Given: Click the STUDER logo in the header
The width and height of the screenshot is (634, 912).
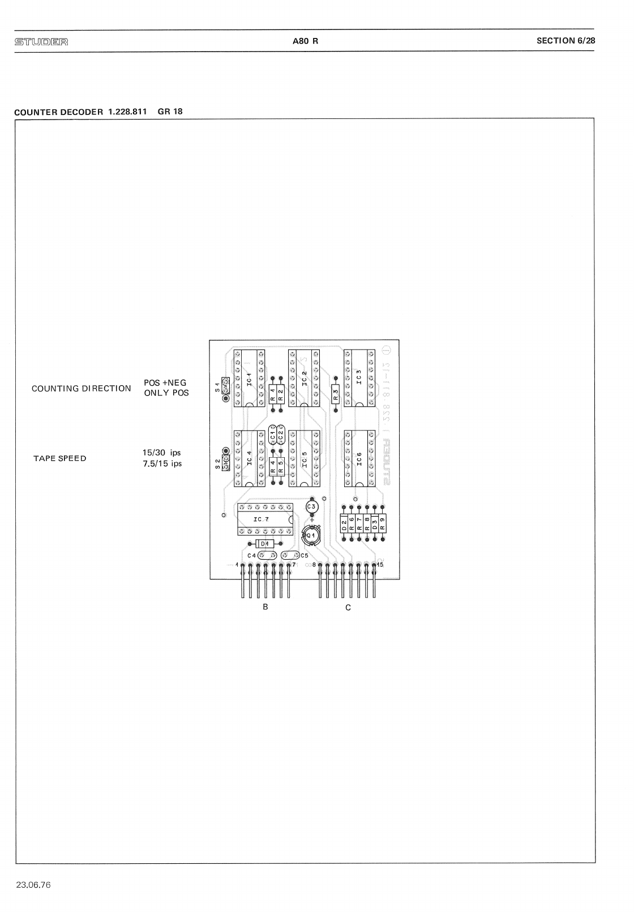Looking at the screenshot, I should (41, 41).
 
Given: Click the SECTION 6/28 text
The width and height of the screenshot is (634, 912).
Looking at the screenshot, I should (566, 40).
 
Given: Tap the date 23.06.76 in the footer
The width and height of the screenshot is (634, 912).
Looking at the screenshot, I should (33, 885).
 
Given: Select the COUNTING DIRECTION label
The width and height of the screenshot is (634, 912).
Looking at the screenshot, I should (81, 389).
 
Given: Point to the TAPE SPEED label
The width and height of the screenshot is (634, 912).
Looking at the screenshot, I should (59, 458).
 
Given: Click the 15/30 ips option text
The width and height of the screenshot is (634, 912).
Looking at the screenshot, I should (162, 453).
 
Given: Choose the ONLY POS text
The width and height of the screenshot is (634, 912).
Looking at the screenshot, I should (166, 393).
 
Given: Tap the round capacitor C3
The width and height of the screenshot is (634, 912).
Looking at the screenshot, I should (312, 506).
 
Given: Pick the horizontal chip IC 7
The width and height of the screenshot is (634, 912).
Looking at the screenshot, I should (265, 519).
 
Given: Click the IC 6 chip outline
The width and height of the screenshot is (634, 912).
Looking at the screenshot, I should (359, 458).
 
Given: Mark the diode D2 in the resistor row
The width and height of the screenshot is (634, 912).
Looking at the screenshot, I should (344, 523).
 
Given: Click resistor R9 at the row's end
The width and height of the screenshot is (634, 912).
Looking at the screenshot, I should (382, 523).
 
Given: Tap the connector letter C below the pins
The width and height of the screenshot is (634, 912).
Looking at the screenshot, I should (348, 607).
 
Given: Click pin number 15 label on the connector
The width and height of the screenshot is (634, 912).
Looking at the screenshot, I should (380, 565).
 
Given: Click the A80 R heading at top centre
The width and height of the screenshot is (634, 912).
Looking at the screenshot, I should (306, 41).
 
